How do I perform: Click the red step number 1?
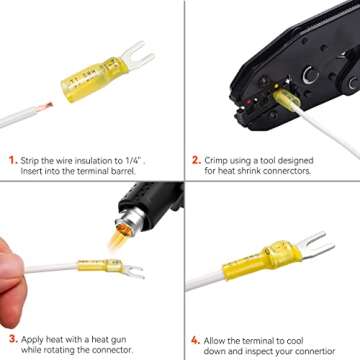tap(11, 159)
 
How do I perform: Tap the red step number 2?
tap(196, 159)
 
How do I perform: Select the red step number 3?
tap(11, 339)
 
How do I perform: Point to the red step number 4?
tap(196, 339)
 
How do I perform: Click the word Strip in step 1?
tap(31, 159)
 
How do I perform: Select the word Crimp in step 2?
tap(220, 159)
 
